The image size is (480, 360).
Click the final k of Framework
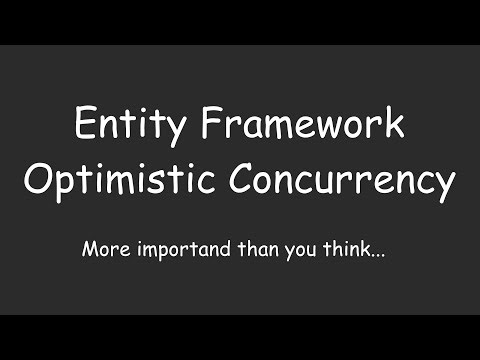point(395,126)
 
